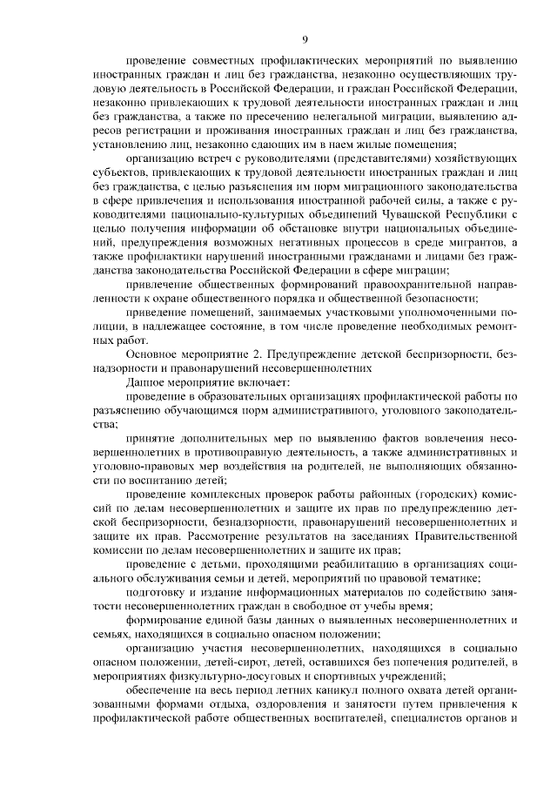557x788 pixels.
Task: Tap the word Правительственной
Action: [465, 538]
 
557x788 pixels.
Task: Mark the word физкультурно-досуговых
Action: [226, 682]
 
